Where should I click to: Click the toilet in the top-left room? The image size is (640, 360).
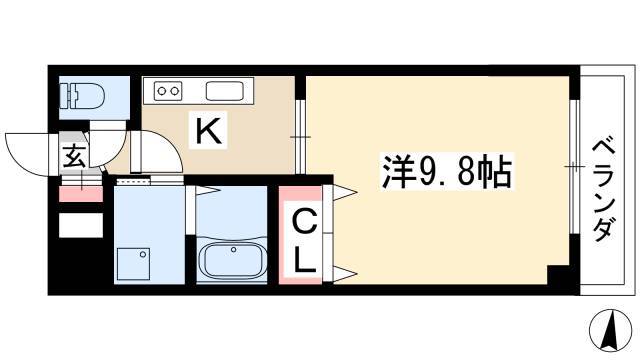(x=82, y=96)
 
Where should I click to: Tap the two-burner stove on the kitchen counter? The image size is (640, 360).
(x=168, y=90)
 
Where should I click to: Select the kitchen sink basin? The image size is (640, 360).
(x=224, y=91)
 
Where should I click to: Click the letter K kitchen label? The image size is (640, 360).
(x=209, y=131)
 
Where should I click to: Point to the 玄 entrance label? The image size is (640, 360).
(x=74, y=156)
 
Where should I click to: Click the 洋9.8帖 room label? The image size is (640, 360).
(x=446, y=171)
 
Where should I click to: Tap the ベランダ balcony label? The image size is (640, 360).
(x=603, y=190)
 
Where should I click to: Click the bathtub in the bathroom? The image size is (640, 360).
(x=231, y=260)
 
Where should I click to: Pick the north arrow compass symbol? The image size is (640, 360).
(x=611, y=331)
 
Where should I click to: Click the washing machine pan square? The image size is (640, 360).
(x=133, y=264)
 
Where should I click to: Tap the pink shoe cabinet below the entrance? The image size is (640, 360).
(x=81, y=194)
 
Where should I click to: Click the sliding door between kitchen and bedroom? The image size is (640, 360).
(x=300, y=137)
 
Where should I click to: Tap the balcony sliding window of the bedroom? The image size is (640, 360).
(x=574, y=167)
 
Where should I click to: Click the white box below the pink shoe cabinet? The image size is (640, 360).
(x=81, y=225)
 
